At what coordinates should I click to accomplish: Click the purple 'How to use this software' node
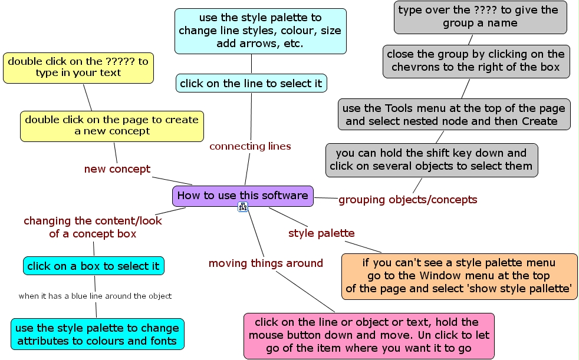tap(242, 196)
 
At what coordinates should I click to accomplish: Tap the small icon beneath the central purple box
tap(242, 206)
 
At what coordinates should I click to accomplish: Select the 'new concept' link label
tap(117, 169)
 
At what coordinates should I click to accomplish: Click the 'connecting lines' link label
tap(250, 146)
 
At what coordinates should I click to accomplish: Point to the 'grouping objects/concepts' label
tap(407, 200)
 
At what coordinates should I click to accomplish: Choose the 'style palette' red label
tap(321, 233)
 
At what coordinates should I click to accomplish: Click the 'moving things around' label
tap(266, 263)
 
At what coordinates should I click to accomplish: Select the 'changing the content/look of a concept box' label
tap(93, 227)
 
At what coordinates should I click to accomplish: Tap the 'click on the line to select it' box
tap(251, 83)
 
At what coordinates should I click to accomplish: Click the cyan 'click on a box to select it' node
tap(94, 266)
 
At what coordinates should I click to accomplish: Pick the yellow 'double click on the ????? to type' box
tap(78, 67)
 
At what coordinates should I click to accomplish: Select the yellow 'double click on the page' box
tap(112, 125)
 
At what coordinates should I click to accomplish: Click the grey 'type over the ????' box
tap(480, 16)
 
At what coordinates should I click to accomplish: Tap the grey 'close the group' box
tap(476, 61)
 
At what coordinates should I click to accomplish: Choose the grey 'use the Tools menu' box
tap(454, 114)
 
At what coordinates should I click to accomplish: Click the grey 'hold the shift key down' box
tap(431, 160)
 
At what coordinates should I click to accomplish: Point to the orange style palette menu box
tap(459, 276)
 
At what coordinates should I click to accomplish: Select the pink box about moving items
tap(369, 335)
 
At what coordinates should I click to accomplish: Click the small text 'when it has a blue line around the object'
tap(95, 296)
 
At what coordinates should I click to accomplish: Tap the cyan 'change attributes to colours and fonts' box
tap(97, 334)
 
